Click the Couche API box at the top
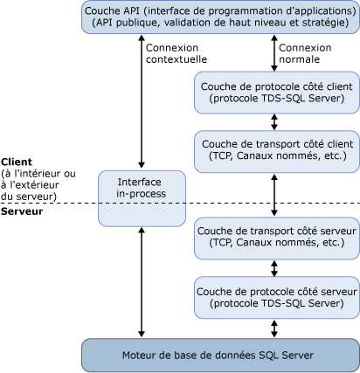coord(219,17)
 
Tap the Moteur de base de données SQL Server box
coord(219,354)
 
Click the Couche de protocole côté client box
coord(276,92)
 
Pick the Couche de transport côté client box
coord(276,149)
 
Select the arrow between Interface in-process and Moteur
coord(142,280)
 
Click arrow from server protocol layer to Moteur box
coord(276,327)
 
